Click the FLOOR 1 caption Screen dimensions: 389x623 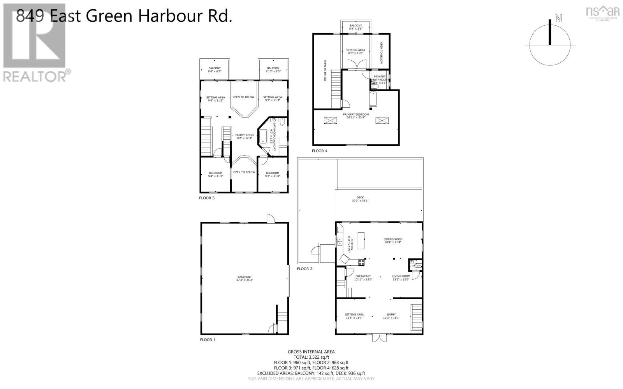208,340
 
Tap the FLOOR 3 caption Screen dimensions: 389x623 206,198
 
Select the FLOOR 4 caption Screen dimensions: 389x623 320,151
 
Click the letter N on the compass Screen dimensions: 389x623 558,18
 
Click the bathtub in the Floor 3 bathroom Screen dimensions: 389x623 263,137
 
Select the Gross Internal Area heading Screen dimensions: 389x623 311,352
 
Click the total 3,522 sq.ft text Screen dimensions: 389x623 311,357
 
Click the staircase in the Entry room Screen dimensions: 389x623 416,316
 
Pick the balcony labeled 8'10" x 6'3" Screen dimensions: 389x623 273,70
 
